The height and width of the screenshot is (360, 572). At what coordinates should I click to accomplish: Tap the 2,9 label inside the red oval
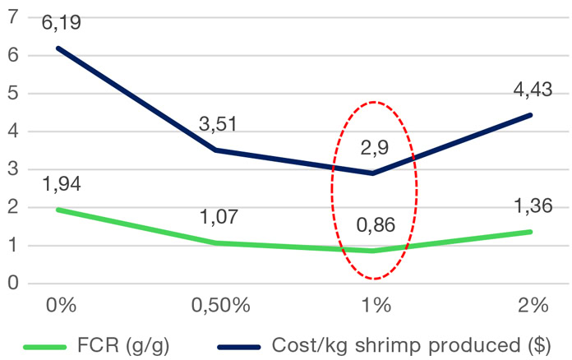[374, 149]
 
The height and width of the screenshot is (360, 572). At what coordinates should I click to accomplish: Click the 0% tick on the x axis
[61, 306]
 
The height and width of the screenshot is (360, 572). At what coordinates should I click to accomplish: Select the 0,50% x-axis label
[219, 306]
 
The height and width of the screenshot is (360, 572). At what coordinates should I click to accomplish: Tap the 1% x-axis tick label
[376, 306]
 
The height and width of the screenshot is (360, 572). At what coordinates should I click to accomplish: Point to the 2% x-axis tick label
[533, 306]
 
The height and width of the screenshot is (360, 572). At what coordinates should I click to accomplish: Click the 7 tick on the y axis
[12, 17]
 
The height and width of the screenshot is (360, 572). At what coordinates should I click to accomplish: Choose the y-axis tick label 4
[12, 132]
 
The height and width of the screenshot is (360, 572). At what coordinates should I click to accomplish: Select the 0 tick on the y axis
[12, 284]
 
